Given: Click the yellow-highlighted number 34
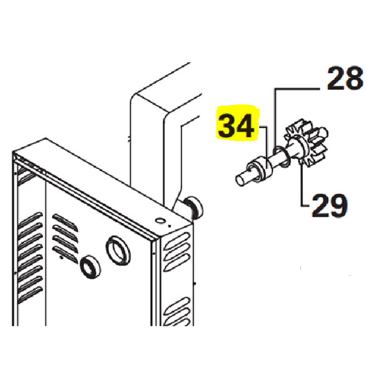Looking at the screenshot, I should click(x=236, y=126).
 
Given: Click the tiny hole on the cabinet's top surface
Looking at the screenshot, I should click(x=160, y=221).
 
